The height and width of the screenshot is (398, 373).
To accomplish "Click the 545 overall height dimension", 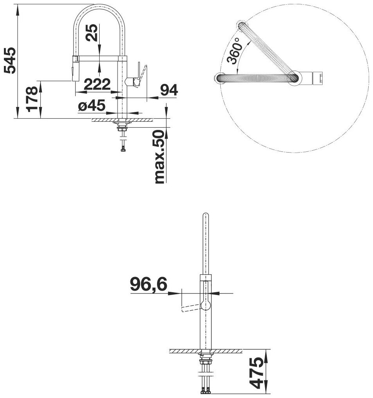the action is coord(10,60).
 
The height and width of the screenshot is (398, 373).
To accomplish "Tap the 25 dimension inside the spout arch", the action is coord(91,32).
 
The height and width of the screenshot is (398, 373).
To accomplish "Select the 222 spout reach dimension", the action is coord(97,84).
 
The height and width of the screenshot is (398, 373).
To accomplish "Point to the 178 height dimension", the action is coord(32,99).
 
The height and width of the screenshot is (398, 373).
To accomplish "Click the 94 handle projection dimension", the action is coord(169,90).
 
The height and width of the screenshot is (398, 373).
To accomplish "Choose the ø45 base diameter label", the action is coord(91,105).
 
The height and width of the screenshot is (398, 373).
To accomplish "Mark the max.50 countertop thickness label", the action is coord(160,156).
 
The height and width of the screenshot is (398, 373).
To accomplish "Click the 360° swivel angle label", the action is coord(234,51).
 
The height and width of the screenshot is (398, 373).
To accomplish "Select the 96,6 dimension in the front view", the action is coord(149,284).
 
